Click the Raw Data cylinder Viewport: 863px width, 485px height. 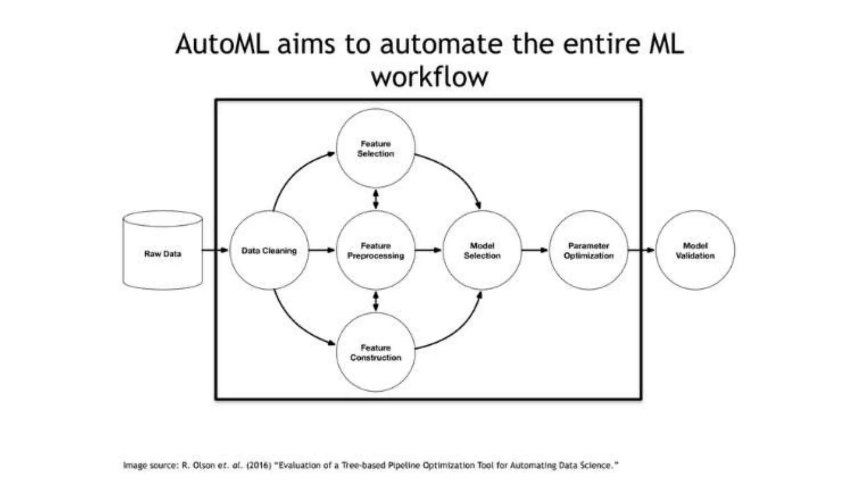pos(163,253)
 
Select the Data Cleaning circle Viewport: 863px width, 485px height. pos(269,250)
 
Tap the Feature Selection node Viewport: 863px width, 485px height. pos(375,149)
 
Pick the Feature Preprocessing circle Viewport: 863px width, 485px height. pos(375,250)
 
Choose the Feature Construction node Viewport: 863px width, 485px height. pos(375,352)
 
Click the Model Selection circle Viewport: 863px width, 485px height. pos(482,250)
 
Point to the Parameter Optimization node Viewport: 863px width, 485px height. pos(589,250)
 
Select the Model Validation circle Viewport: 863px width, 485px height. pos(695,250)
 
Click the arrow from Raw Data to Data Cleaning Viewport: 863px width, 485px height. pos(215,250)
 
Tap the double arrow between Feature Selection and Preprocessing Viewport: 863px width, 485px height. pos(375,199)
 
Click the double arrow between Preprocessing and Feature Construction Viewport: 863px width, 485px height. pos(375,301)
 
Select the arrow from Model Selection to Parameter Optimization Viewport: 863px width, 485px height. pos(535,250)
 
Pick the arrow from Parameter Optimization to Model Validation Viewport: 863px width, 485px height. pos(641,250)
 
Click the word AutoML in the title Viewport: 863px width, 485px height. pos(222,44)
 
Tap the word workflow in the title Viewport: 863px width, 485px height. pos(429,77)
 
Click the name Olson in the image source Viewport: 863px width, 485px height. pos(204,465)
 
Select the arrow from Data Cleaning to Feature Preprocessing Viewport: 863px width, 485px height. pos(322,250)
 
